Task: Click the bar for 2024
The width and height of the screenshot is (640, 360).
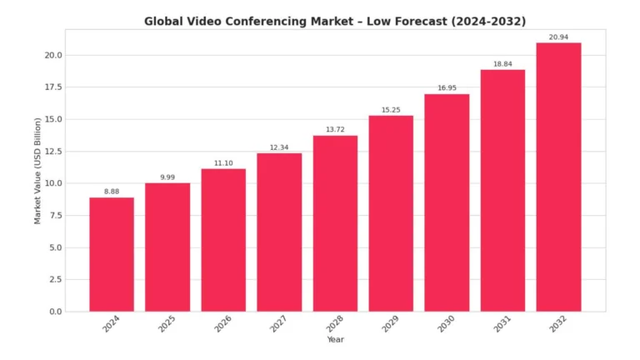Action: pos(112,254)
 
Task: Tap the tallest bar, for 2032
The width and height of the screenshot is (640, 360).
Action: pos(558,177)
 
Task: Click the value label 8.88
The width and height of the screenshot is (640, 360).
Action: pos(112,192)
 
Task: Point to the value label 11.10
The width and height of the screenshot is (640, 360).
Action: pos(223,163)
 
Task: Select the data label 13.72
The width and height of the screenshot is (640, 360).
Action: pos(335,130)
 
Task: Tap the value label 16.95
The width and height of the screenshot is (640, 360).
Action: pos(447,88)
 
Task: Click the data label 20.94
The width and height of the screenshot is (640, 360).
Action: pos(558,37)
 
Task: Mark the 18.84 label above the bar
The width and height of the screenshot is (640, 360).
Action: pos(502,64)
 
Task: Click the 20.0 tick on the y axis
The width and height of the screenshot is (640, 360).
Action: pos(52,55)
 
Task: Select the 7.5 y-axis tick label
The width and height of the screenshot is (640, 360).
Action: pos(55,216)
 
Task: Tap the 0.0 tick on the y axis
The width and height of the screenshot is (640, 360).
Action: pos(55,312)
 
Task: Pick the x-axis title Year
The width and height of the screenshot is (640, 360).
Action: pos(335,339)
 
